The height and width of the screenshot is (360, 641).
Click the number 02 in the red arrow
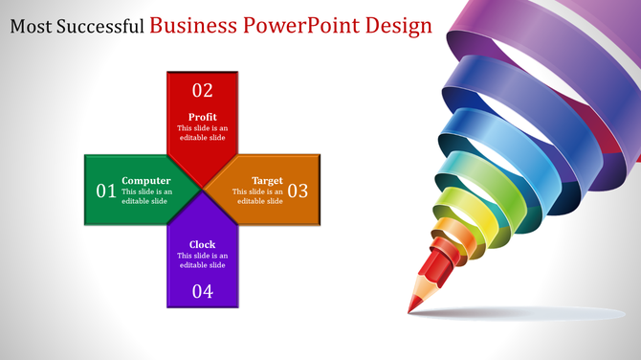pyautogui.click(x=203, y=91)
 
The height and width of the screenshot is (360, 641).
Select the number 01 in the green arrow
pyautogui.click(x=106, y=191)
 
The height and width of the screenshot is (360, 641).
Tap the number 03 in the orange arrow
pyautogui.click(x=298, y=191)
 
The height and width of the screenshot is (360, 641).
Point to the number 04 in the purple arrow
pyautogui.click(x=203, y=292)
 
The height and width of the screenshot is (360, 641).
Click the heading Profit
pyautogui.click(x=203, y=117)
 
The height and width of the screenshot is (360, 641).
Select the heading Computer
pyautogui.click(x=146, y=180)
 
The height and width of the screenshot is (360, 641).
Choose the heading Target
pyautogui.click(x=267, y=180)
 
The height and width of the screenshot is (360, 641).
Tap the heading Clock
pyautogui.click(x=203, y=244)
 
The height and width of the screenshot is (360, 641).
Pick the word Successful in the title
pyautogui.click(x=99, y=26)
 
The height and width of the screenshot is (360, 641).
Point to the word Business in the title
pyautogui.click(x=194, y=25)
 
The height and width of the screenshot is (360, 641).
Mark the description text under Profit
pyautogui.click(x=203, y=133)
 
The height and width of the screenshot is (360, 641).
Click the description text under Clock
pyautogui.click(x=203, y=260)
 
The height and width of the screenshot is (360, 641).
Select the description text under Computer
pyautogui.click(x=146, y=196)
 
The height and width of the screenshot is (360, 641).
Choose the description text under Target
pyautogui.click(x=259, y=196)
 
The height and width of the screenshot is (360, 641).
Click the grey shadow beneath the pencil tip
pyautogui.click(x=517, y=313)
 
